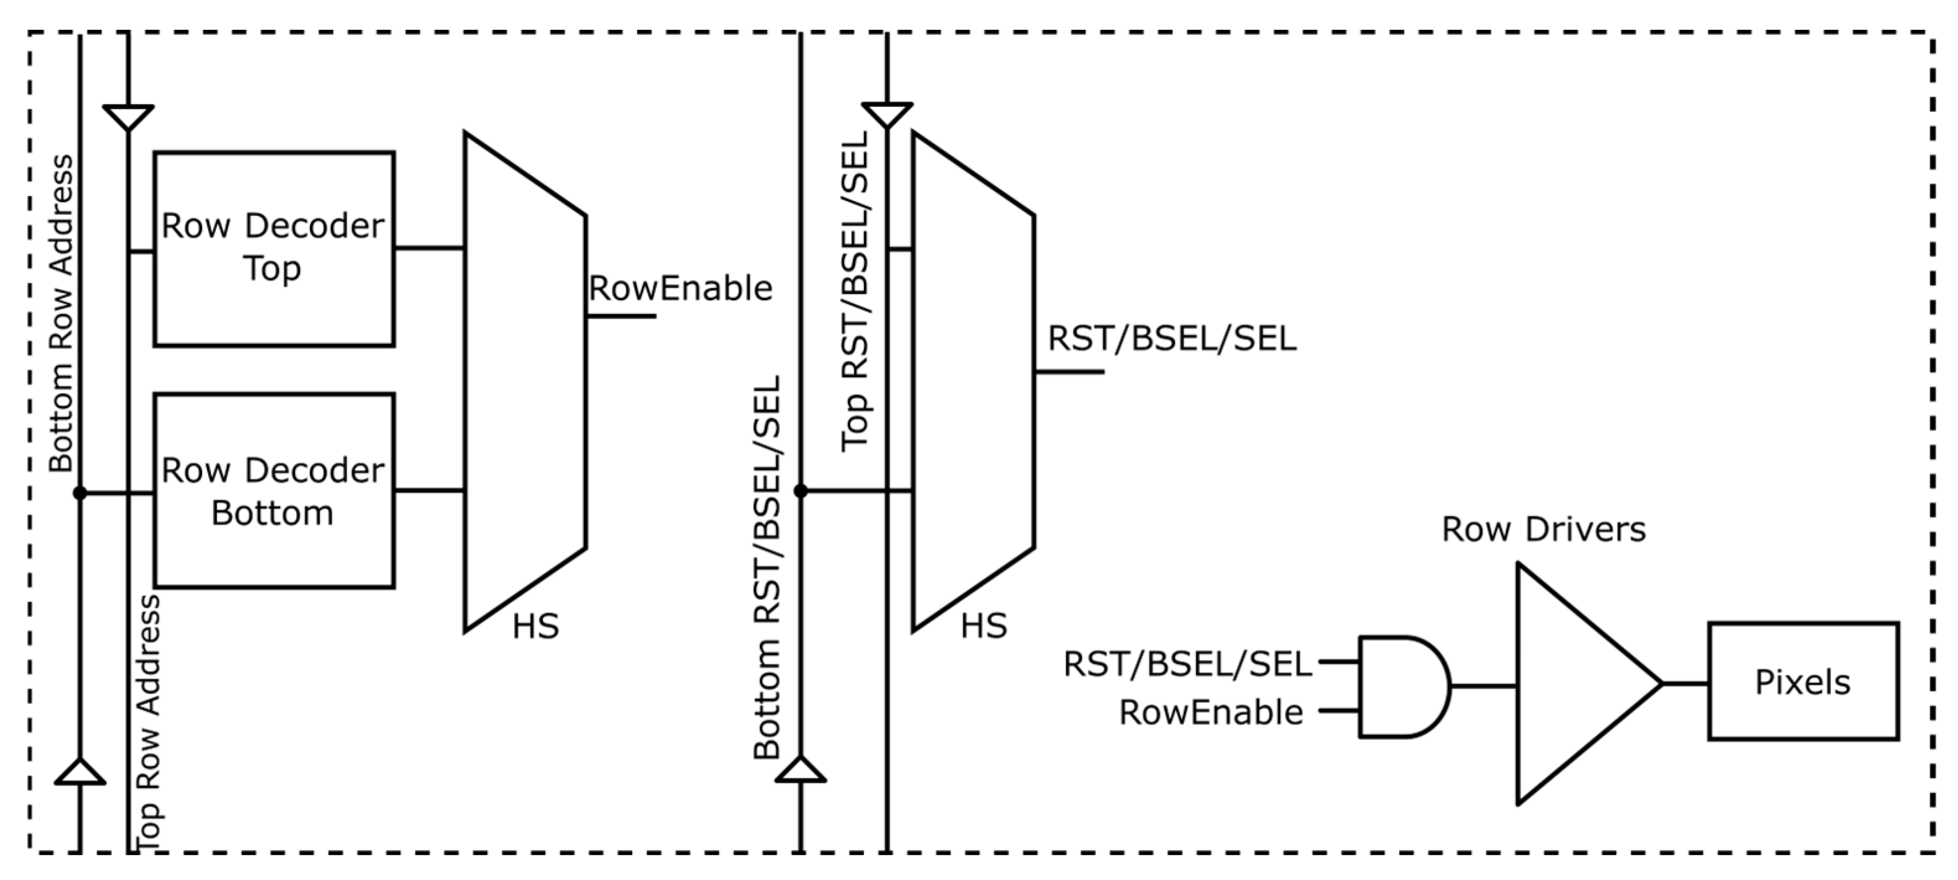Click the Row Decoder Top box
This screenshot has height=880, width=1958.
(274, 249)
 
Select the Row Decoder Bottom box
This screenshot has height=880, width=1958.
(274, 491)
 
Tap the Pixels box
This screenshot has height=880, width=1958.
(1802, 682)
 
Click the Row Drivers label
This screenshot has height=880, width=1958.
(1543, 530)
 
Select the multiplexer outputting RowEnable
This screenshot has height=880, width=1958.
(524, 380)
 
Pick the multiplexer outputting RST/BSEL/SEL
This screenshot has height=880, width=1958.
(972, 380)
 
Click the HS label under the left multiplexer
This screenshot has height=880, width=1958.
(535, 626)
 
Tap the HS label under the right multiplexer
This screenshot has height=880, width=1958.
(983, 626)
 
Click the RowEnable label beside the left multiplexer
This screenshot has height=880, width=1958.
(680, 289)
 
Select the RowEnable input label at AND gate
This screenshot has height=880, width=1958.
(1210, 713)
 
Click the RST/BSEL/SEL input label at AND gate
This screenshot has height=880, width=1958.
(1187, 664)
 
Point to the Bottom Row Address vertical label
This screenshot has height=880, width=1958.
(61, 313)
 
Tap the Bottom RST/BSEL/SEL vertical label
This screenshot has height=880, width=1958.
(767, 567)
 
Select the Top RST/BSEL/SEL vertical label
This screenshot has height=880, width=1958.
(855, 291)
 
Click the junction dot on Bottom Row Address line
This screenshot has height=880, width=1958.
(80, 494)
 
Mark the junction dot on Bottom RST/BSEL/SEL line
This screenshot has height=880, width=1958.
(801, 491)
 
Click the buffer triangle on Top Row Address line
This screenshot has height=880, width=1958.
(128, 117)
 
